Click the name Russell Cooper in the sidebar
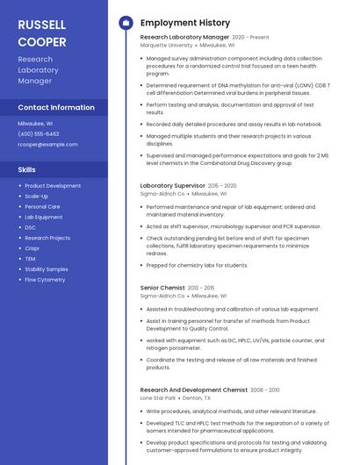click(x=42, y=32)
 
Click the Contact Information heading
click(x=56, y=107)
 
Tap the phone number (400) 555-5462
click(x=39, y=133)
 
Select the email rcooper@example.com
click(x=47, y=145)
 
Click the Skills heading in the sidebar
click(x=27, y=169)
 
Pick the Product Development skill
click(x=53, y=186)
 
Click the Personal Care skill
click(x=42, y=207)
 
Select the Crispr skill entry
click(x=32, y=248)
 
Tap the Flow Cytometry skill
click(x=45, y=280)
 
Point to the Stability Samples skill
click(x=47, y=269)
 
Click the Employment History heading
click(x=185, y=23)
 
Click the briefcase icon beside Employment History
click(x=126, y=23)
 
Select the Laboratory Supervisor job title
click(x=172, y=186)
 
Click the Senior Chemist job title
click(x=162, y=288)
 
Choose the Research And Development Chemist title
click(x=194, y=390)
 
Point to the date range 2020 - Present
click(x=250, y=38)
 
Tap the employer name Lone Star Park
click(x=158, y=397)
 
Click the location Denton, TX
click(x=196, y=397)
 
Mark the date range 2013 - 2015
click(x=201, y=288)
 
